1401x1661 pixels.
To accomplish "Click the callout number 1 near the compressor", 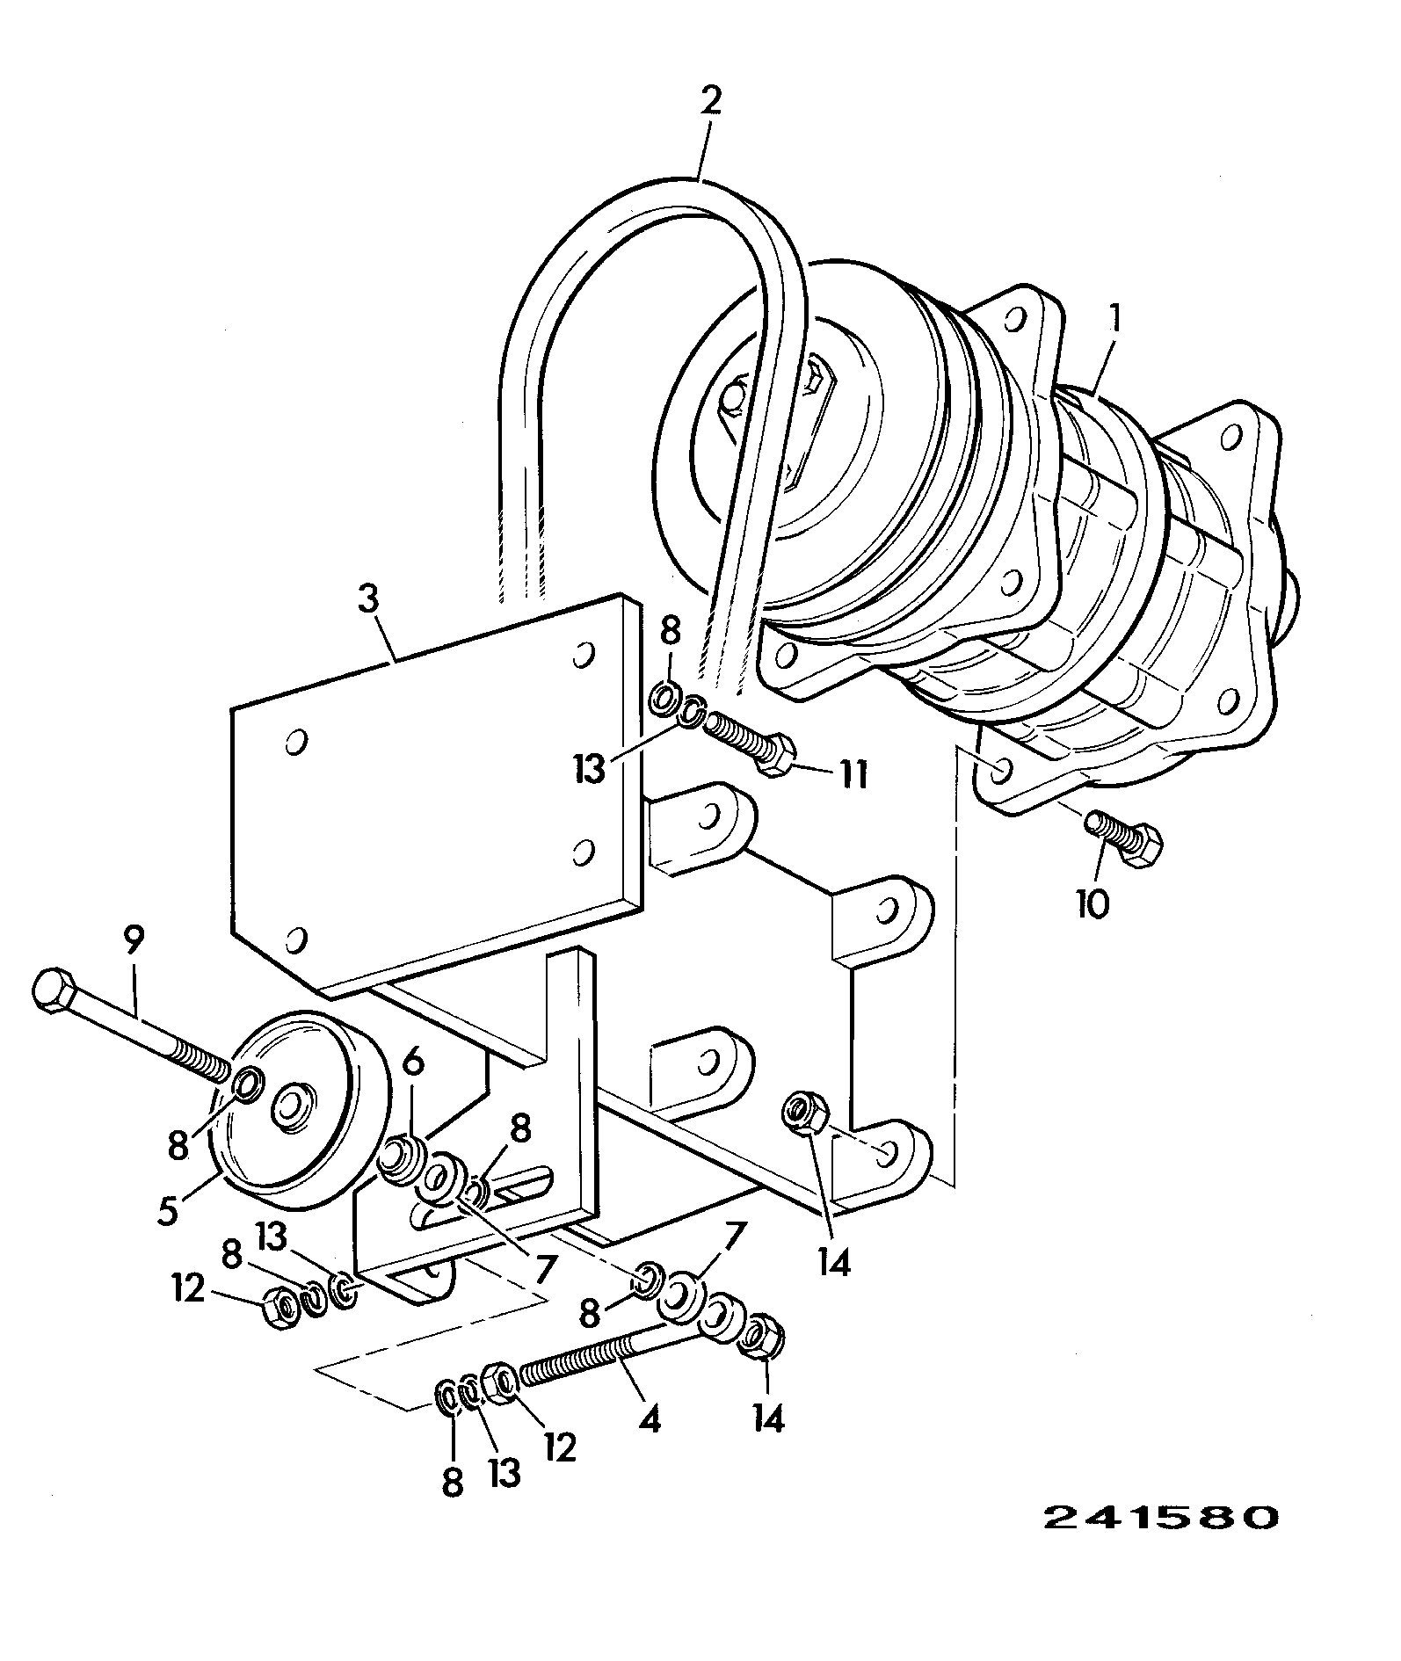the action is click(x=1114, y=323).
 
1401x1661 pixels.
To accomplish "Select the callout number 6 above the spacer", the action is click(x=413, y=1063).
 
